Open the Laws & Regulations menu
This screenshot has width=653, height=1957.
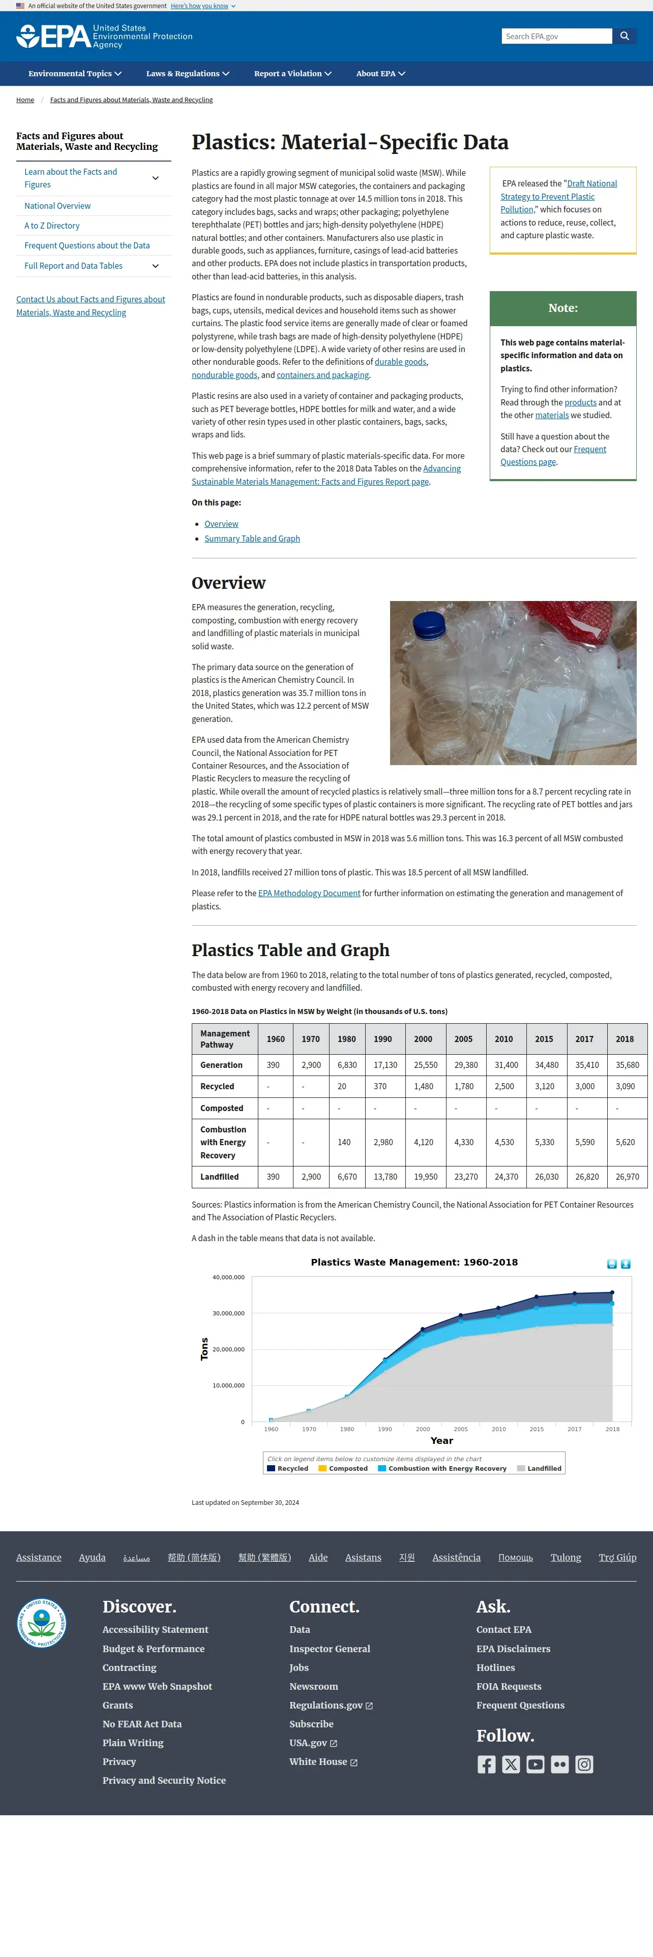tap(187, 74)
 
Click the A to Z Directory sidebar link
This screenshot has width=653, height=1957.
tap(52, 226)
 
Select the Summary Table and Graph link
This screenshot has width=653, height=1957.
tap(252, 539)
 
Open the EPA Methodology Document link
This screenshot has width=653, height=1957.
tap(309, 894)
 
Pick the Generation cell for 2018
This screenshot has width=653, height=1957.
tap(627, 1065)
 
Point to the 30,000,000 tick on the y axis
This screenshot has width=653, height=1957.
tap(228, 1313)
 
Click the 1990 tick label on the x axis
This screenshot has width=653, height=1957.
tap(384, 1429)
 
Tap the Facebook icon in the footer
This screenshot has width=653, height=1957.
tap(487, 1764)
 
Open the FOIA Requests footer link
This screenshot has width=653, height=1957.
tap(509, 1687)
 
